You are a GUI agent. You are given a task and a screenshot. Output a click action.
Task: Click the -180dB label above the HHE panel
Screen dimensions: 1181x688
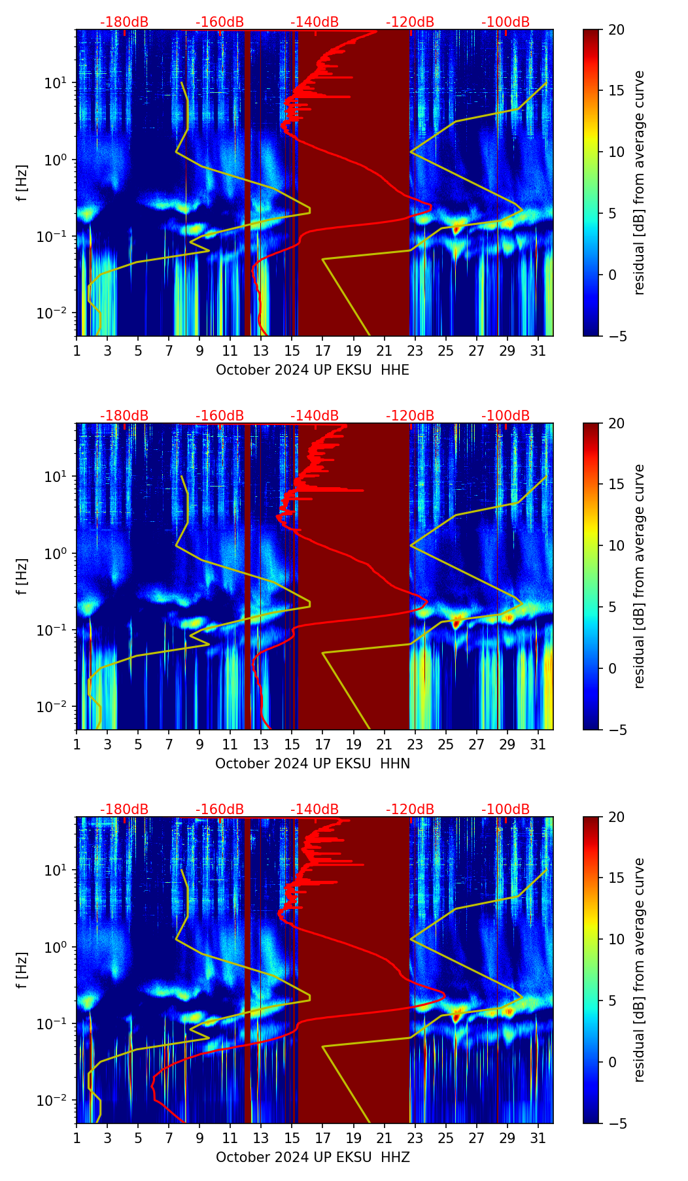(124, 22)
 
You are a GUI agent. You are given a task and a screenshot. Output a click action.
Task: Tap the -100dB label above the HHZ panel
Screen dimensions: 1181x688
(506, 810)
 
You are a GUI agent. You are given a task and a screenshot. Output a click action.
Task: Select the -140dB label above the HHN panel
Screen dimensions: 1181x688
(315, 416)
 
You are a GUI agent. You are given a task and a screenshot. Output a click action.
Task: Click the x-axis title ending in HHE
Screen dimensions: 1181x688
(313, 370)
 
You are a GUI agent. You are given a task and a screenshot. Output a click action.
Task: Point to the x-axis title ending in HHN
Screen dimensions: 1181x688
(313, 764)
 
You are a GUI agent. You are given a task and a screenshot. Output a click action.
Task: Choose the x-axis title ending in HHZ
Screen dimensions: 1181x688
(313, 1157)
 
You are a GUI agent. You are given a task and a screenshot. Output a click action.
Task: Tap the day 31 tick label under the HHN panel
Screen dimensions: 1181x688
(538, 745)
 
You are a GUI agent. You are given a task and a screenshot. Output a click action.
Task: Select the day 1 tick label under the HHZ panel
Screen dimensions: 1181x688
(77, 1138)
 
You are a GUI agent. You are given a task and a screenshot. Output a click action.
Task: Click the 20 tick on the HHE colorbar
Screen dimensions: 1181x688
(616, 29)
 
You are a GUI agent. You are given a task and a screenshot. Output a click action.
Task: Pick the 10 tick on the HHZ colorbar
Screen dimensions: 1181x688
(616, 939)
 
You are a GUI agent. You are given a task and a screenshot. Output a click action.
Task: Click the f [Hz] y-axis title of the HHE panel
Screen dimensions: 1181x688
(22, 183)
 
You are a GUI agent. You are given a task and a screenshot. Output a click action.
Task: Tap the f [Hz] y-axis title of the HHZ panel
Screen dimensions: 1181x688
(22, 970)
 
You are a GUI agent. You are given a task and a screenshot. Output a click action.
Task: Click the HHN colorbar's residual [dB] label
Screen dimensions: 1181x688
(640, 576)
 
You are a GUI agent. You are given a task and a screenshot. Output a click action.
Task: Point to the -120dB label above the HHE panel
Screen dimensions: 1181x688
(410, 22)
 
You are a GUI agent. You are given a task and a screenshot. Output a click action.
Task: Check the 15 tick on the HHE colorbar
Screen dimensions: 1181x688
(616, 91)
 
